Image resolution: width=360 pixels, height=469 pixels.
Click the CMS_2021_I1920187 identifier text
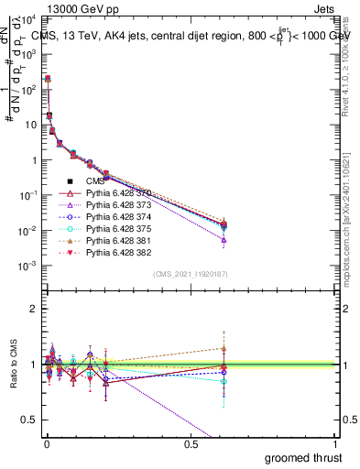[191, 274]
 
